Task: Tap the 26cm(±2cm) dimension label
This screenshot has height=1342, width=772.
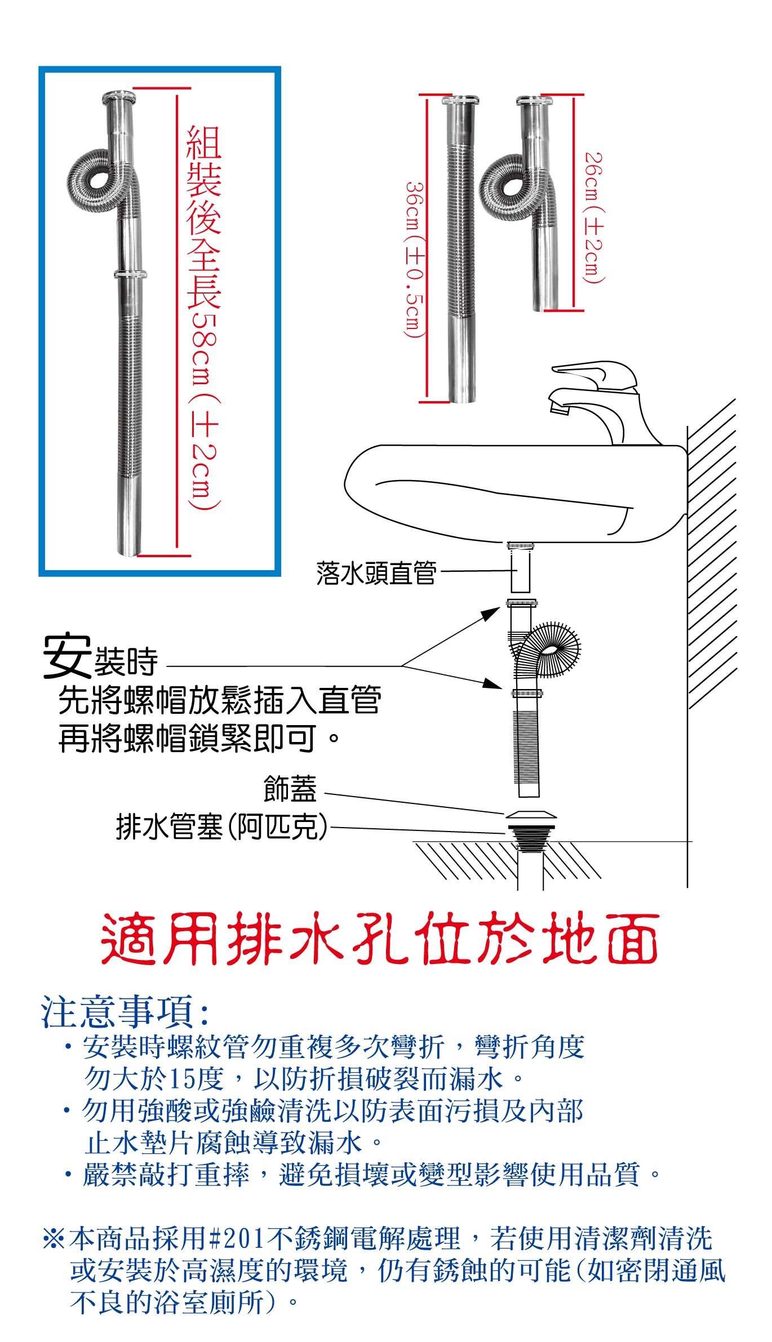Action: (593, 217)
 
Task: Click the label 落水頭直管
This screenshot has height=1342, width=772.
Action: (376, 573)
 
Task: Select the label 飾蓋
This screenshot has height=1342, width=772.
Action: (290, 788)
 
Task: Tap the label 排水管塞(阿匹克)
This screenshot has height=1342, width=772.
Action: (222, 826)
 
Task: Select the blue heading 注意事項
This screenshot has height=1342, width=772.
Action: (125, 1011)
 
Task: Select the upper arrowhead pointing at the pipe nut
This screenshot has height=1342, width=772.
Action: (493, 612)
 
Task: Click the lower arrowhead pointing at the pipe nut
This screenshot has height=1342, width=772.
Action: (493, 683)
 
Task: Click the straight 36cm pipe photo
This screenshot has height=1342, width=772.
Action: (462, 248)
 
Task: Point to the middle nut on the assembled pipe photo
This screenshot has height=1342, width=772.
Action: (131, 274)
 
